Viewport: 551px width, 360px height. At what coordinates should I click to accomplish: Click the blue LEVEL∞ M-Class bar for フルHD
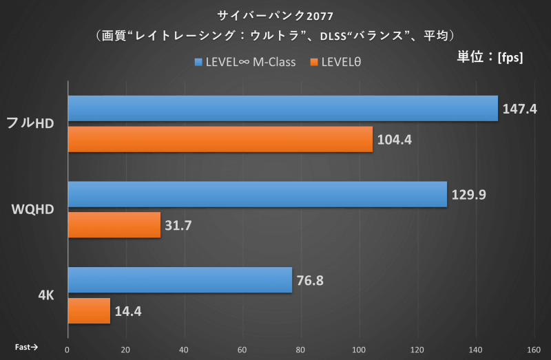(x=282, y=109)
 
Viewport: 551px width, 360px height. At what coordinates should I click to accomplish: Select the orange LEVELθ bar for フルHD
(x=220, y=140)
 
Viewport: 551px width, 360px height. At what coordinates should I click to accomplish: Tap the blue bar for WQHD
(x=257, y=194)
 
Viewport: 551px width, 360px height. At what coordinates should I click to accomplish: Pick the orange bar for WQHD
(x=114, y=225)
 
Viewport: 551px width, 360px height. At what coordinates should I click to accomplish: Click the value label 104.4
(x=395, y=140)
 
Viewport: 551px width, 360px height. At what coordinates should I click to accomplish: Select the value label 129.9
(x=469, y=194)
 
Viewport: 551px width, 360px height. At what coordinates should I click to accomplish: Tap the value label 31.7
(x=180, y=225)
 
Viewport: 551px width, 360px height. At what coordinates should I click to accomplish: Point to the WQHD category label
(x=37, y=209)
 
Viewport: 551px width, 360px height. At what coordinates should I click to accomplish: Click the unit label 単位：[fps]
(x=490, y=58)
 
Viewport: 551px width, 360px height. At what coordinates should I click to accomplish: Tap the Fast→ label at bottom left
(x=26, y=348)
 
